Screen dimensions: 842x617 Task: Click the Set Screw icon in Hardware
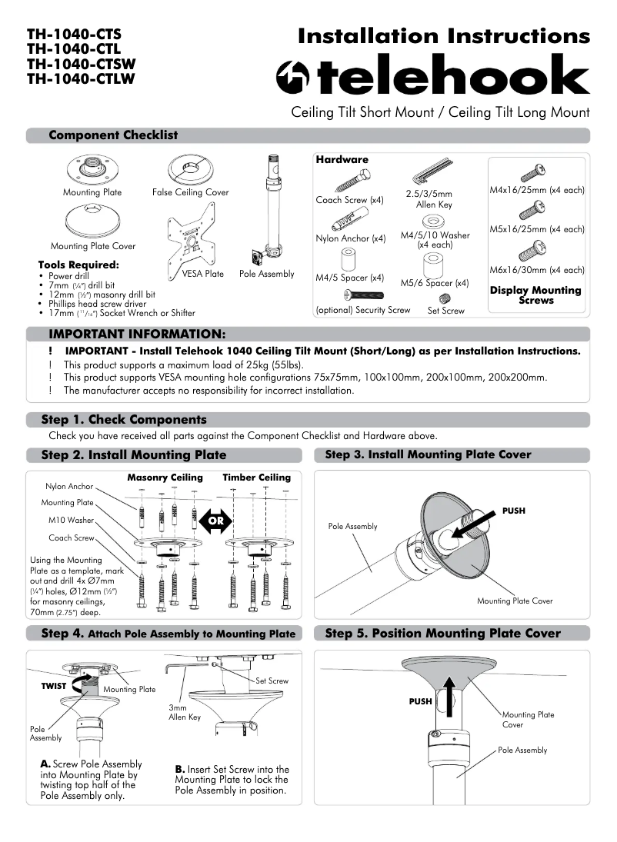click(x=445, y=298)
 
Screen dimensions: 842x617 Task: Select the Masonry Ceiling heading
click(x=165, y=478)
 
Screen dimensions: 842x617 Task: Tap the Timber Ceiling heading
click(x=257, y=478)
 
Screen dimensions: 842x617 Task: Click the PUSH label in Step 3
click(x=513, y=511)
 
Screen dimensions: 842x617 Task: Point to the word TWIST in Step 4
click(x=53, y=685)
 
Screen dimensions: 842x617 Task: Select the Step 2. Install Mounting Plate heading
click(x=134, y=455)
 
